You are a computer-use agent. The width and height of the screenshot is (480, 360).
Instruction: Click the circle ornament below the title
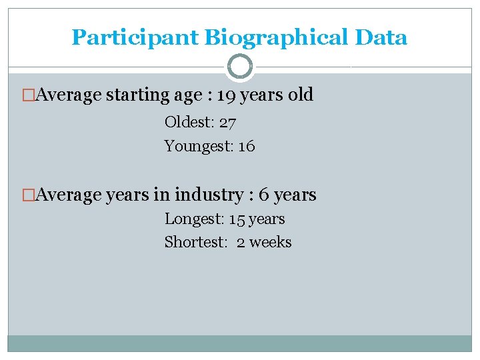coord(240,67)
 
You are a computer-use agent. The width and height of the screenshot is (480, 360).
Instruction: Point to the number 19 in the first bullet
coord(227,95)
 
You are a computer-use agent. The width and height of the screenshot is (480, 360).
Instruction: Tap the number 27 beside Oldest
coord(227,123)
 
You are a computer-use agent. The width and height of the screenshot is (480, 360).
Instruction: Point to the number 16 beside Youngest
coord(246,146)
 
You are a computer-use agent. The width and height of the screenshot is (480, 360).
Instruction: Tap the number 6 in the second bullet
coord(263,195)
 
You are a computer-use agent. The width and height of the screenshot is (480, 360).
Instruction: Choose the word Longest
coord(193,219)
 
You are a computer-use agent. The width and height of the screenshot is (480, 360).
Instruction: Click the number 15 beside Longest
coord(237,219)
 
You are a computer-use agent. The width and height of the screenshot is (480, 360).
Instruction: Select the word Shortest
coord(195,242)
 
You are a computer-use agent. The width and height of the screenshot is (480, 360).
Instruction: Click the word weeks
coord(270,242)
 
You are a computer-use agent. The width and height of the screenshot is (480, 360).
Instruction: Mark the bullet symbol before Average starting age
coord(28,95)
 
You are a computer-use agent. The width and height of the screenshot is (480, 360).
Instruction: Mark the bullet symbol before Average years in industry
coord(28,195)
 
